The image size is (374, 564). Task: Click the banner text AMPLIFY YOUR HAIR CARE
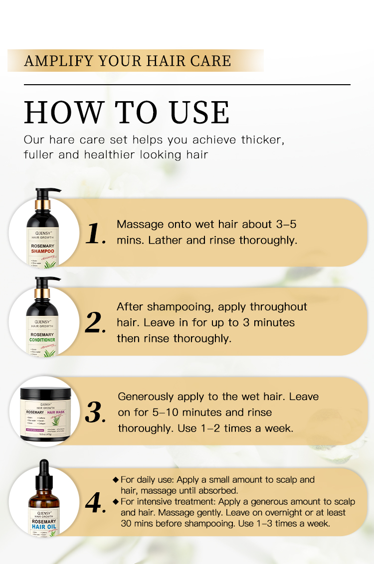click(128, 61)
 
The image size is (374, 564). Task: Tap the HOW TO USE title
click(127, 113)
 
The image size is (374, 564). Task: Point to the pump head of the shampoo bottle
click(47, 191)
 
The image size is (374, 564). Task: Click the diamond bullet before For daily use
click(116, 480)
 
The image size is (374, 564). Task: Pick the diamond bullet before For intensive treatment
click(116, 501)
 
